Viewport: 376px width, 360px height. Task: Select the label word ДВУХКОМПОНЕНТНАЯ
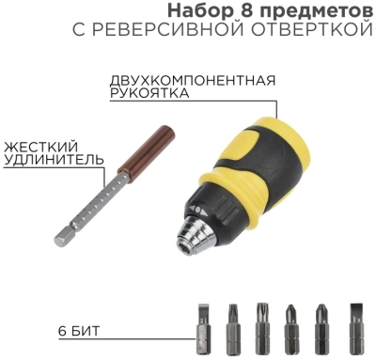[193, 79]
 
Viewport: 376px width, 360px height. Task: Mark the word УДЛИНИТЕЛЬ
[53, 161]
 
